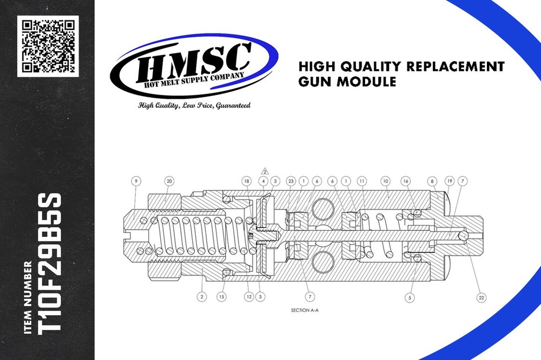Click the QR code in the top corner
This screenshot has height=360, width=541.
pyautogui.click(x=48, y=46)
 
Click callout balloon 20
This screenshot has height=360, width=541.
pyautogui.click(x=169, y=182)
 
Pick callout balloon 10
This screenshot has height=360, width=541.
pyautogui.click(x=386, y=182)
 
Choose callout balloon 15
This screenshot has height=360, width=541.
pyautogui.click(x=221, y=297)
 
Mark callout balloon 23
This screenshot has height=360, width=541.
pyautogui.click(x=291, y=182)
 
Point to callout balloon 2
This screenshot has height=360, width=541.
pyautogui.click(x=202, y=297)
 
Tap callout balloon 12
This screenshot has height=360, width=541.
pyautogui.click(x=248, y=297)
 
